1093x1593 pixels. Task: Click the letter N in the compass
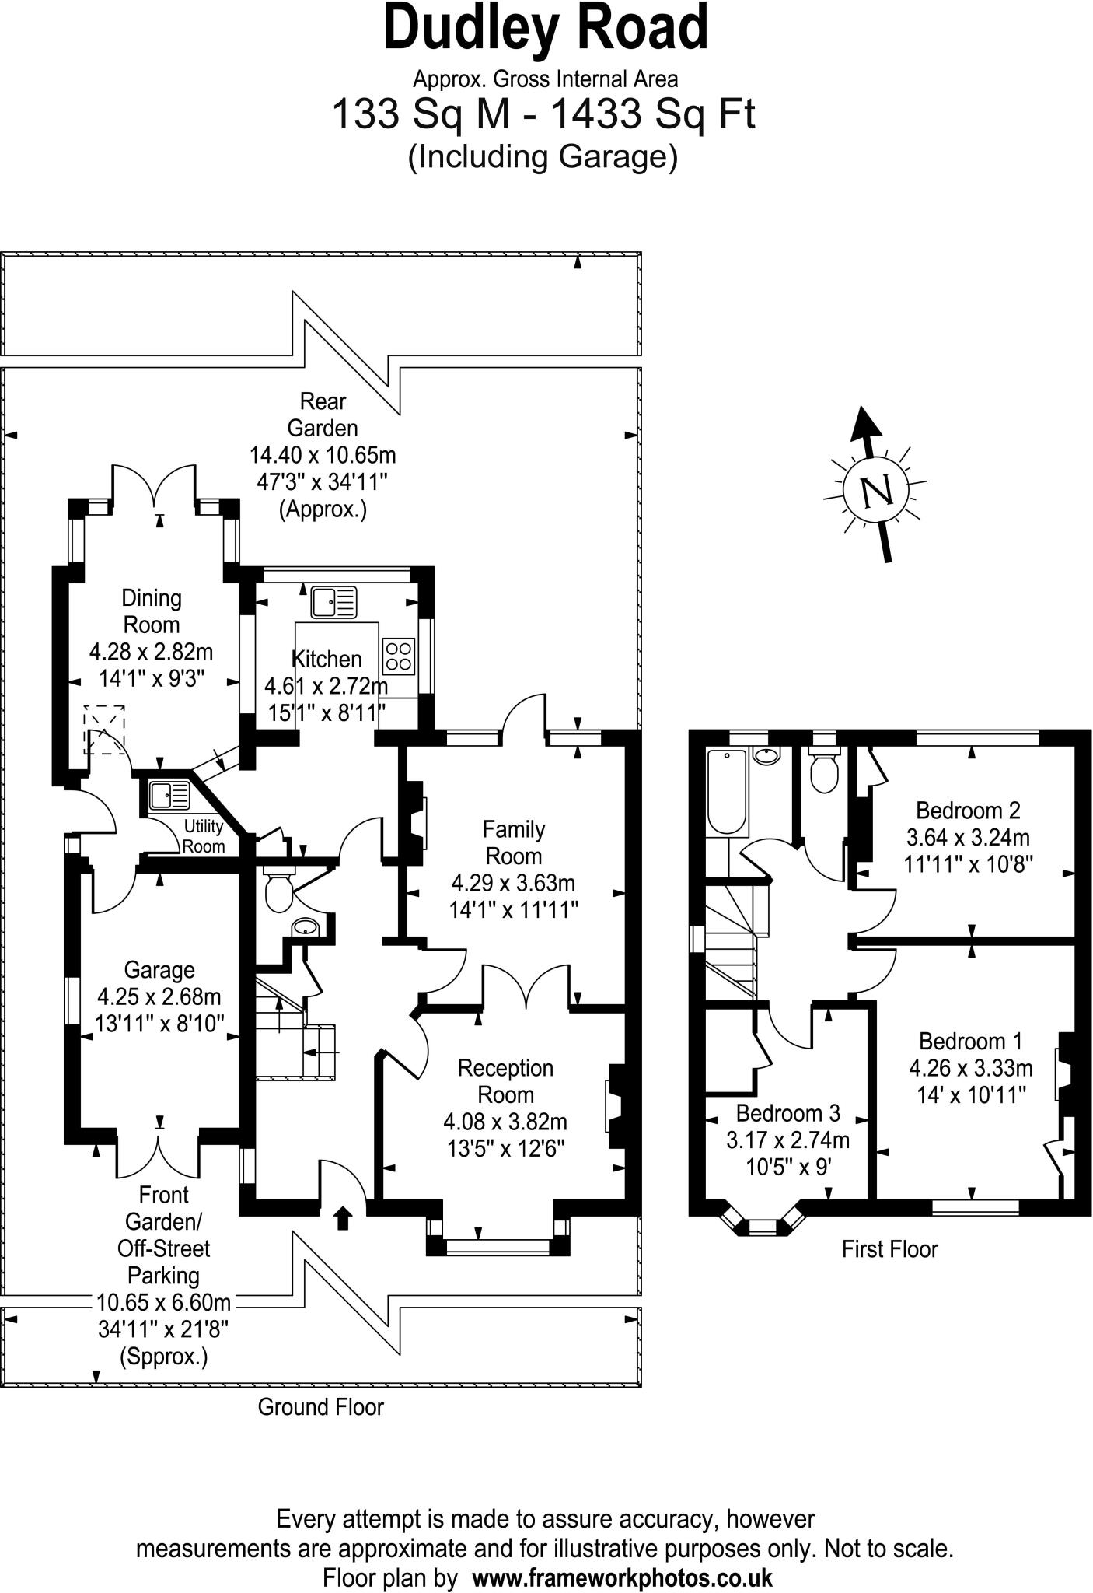876,491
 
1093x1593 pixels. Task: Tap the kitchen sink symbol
333,602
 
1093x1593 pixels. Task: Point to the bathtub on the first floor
726,790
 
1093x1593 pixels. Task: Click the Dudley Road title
546,30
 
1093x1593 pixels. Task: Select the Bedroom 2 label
968,811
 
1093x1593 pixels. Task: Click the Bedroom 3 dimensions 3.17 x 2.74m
787,1140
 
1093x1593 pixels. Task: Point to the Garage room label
159,970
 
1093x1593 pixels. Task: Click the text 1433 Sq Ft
653,114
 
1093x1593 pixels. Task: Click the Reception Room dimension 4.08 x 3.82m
505,1122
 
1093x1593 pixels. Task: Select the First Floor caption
889,1249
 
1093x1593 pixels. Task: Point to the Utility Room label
204,836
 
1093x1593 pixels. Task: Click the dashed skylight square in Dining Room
104,730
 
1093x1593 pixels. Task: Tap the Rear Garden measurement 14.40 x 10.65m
323,455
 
